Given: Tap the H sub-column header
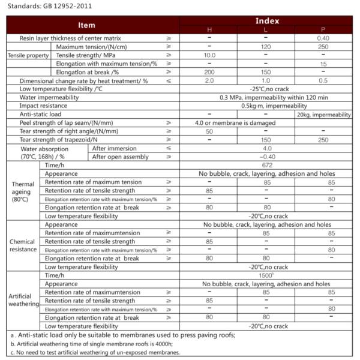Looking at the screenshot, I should [209, 29].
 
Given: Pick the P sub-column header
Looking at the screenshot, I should [323, 29].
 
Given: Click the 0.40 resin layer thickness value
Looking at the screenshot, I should [323, 38].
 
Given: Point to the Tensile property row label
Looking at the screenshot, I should [28, 55].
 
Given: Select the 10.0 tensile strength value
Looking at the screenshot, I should [209, 55].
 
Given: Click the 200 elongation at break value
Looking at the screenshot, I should [209, 71].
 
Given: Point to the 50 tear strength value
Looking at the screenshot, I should [209, 131].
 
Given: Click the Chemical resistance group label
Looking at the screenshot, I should [23, 245].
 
